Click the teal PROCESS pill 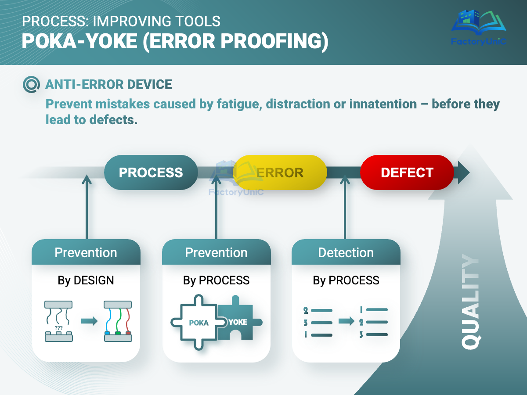pyautogui.click(x=151, y=172)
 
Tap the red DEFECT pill pyautogui.click(x=407, y=172)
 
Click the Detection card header pyautogui.click(x=346, y=252)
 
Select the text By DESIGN pyautogui.click(x=86, y=280)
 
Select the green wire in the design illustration pyautogui.click(x=117, y=320)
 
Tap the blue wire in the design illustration pyautogui.click(x=108, y=320)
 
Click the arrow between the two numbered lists pyautogui.click(x=346, y=322)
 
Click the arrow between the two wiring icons pyautogui.click(x=90, y=321)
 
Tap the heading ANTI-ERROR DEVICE pyautogui.click(x=108, y=84)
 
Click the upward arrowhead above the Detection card pyautogui.click(x=345, y=179)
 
